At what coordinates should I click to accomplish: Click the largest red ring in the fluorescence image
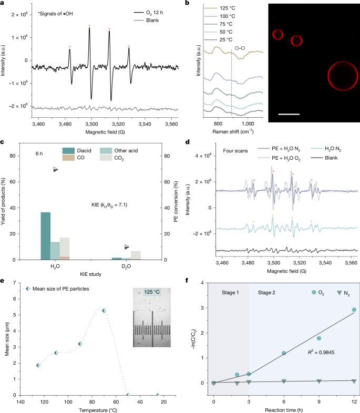(328, 76)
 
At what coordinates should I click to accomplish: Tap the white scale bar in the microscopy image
(289, 114)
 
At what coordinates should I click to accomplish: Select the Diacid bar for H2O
(46, 236)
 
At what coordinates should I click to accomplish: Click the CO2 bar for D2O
(136, 255)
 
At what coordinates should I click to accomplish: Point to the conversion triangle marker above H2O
(56, 170)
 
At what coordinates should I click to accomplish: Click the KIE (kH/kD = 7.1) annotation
(109, 204)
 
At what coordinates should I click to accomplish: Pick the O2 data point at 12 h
(354, 310)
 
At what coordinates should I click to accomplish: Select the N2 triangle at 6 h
(284, 381)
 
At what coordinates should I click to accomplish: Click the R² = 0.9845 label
(321, 352)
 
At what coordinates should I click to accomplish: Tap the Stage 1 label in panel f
(230, 292)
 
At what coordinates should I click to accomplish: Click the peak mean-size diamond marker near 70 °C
(104, 311)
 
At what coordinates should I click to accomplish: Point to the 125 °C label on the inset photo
(152, 292)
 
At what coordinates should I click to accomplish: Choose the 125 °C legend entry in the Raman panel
(220, 8)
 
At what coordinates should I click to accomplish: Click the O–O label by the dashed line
(240, 48)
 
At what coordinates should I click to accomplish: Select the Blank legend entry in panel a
(147, 20)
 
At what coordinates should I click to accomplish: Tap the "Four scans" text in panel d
(235, 151)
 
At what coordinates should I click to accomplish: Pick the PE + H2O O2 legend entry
(279, 158)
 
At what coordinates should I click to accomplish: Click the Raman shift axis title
(233, 131)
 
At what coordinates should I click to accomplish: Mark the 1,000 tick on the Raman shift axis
(248, 123)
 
